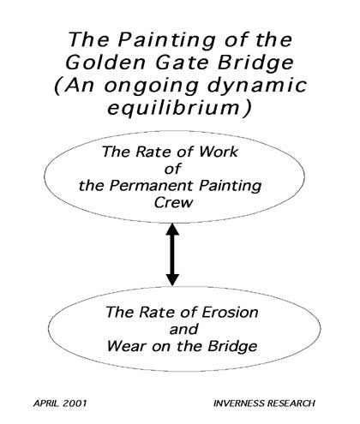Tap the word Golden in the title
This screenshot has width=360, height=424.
pyautogui.click(x=105, y=63)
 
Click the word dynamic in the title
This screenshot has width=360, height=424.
pyautogui.click(x=257, y=86)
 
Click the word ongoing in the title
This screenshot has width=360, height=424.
pyautogui.click(x=151, y=87)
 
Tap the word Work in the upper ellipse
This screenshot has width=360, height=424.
pyautogui.click(x=218, y=152)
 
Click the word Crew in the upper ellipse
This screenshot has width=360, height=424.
pyautogui.click(x=174, y=202)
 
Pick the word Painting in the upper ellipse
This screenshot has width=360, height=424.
pyautogui.click(x=231, y=187)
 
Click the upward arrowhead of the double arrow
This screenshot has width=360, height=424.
pyautogui.click(x=172, y=229)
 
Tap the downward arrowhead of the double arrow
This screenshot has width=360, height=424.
pyautogui.click(x=172, y=279)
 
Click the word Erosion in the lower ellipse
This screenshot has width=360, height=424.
pyautogui.click(x=230, y=312)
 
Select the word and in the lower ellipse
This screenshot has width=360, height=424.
pyautogui.click(x=183, y=329)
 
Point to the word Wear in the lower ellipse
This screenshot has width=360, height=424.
pyautogui.click(x=127, y=346)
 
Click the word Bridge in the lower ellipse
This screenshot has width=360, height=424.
pyautogui.click(x=232, y=347)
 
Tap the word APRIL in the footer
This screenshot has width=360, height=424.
pyautogui.click(x=46, y=403)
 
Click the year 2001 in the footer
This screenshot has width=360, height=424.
pyautogui.click(x=75, y=403)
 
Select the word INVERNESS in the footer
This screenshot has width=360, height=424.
pyautogui.click(x=239, y=403)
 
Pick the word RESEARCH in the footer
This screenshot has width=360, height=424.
pyautogui.click(x=291, y=403)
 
